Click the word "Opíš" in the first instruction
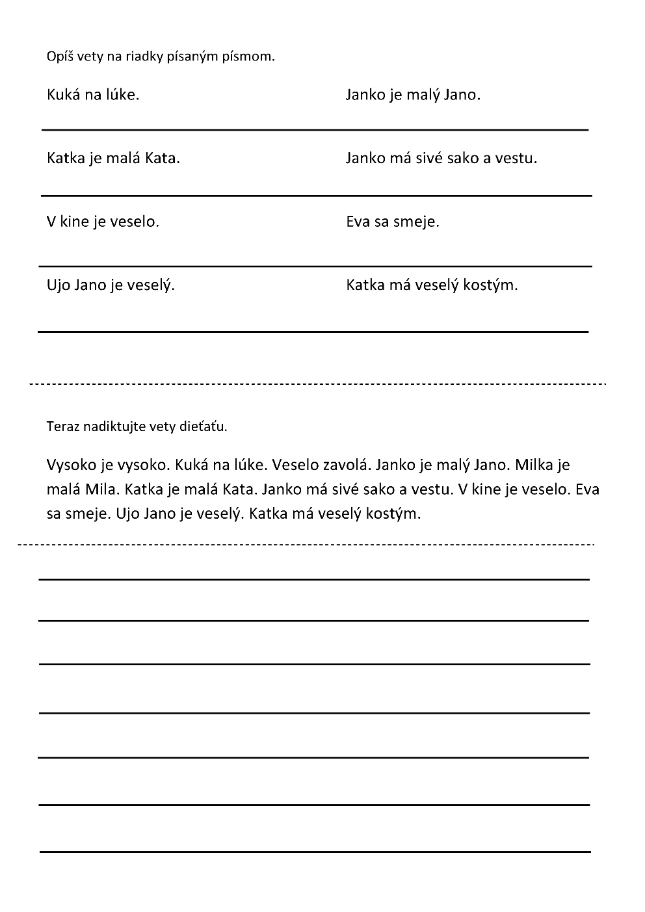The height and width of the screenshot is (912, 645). click(x=60, y=57)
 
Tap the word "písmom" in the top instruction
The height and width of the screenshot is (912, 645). click(x=250, y=57)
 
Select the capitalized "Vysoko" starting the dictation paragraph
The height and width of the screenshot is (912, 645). click(x=72, y=465)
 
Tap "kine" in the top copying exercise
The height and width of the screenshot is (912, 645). click(x=74, y=222)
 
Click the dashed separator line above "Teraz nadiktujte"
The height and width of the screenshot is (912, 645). click(x=319, y=384)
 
